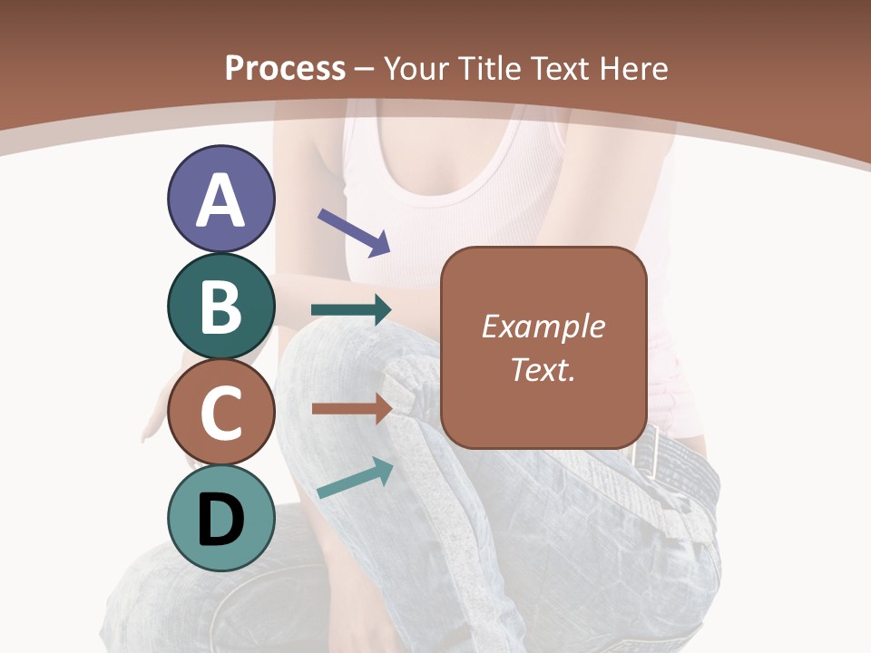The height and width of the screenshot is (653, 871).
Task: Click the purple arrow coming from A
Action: [353, 231]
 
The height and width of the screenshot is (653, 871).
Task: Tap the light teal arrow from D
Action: [355, 478]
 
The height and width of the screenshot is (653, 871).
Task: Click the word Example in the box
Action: [543, 326]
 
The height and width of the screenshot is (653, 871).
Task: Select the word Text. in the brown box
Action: [543, 369]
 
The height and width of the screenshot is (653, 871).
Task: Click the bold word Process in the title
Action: [285, 68]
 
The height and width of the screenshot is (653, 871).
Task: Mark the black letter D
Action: [221, 521]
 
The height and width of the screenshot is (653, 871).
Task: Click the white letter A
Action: [221, 200]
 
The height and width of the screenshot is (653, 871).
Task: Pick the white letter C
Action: [221, 414]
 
